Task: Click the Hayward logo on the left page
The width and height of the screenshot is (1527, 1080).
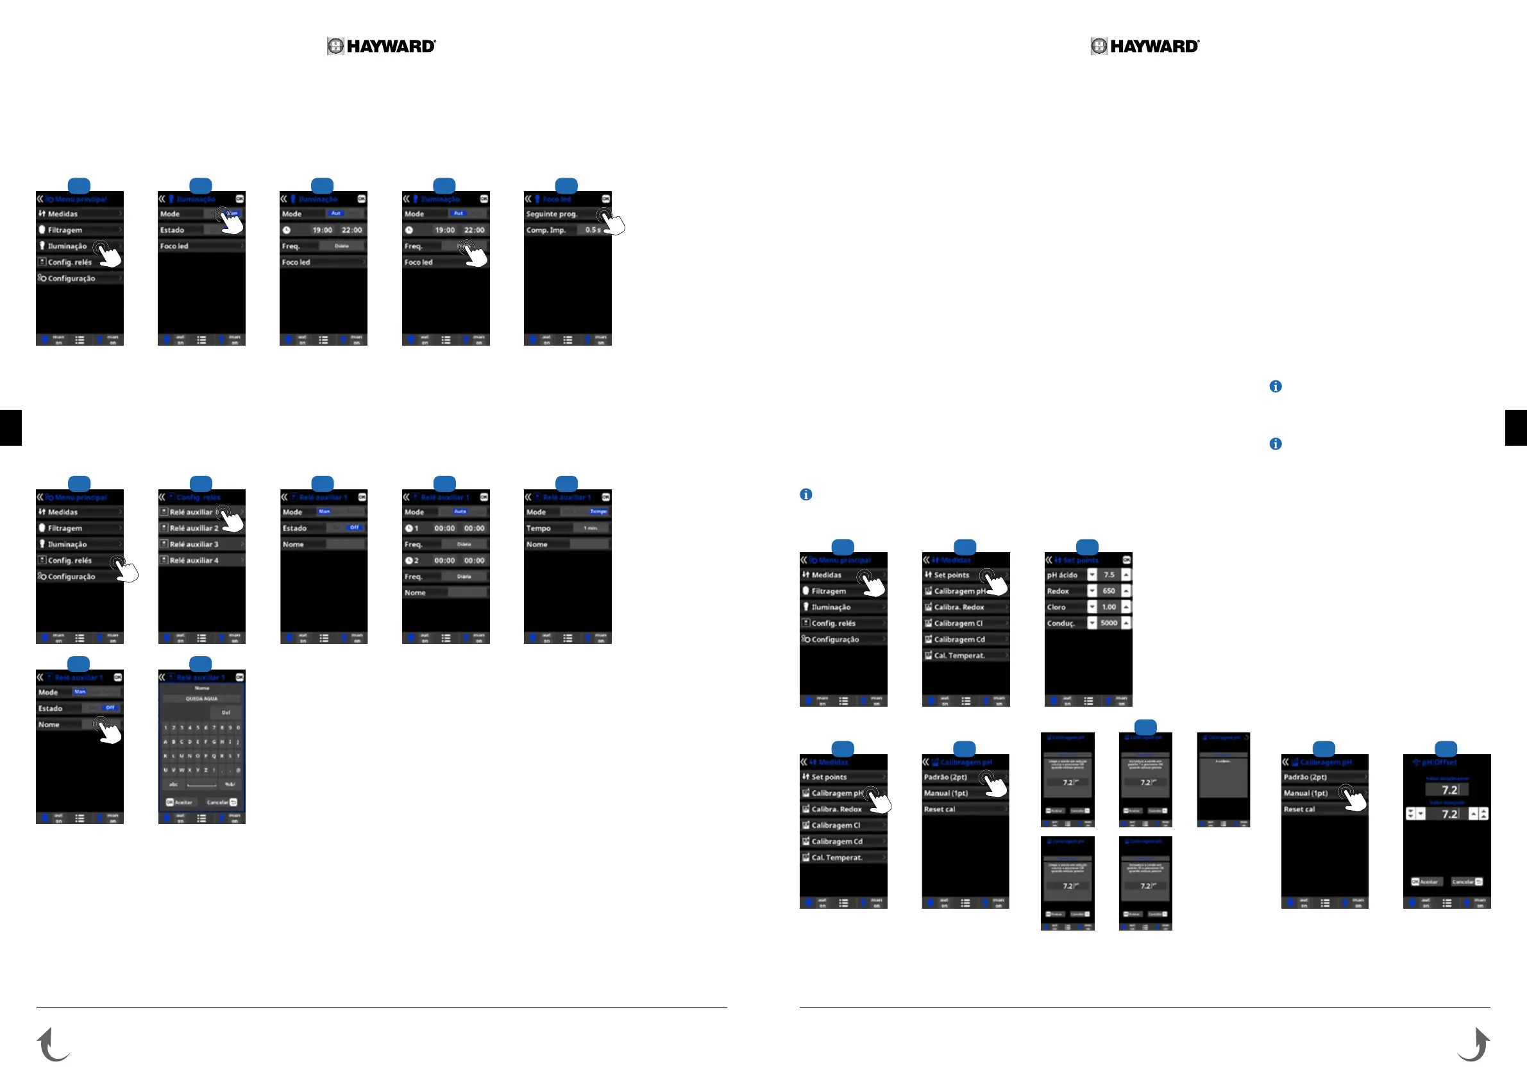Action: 381,46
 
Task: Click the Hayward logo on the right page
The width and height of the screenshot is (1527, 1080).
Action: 1145,46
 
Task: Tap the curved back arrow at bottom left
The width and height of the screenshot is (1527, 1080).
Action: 53,1044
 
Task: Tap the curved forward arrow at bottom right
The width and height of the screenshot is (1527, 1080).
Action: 1474,1044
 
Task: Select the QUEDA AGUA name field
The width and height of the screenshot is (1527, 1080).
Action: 201,699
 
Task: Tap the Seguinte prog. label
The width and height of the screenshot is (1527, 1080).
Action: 552,214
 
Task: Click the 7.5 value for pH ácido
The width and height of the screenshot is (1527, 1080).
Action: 1109,575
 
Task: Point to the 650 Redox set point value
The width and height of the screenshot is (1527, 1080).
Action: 1109,591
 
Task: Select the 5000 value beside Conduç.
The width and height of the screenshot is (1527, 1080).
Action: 1109,623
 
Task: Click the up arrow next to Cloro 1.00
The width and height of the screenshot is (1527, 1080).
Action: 1126,607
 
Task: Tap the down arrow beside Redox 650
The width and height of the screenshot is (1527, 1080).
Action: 1092,591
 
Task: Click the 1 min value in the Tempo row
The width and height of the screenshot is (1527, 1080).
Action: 590,528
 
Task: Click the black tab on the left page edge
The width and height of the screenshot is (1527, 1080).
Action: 11,428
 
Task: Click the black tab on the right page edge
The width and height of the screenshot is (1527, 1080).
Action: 1515,428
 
